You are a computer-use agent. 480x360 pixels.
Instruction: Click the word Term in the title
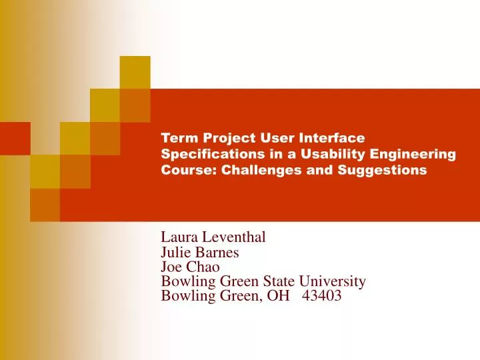pos(179,138)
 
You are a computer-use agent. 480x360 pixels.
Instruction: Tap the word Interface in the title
pos(331,138)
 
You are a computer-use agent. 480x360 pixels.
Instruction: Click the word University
pos(333,281)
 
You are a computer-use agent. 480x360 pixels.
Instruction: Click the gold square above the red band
pos(135,72)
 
